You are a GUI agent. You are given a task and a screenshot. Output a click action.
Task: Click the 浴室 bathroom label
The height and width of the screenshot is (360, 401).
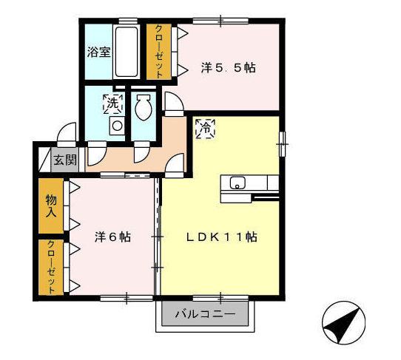coord(99,52)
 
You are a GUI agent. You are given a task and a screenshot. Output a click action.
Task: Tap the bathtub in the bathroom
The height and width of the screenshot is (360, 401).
coord(127,52)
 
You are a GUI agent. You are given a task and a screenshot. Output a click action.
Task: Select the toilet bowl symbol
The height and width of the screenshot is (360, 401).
coord(144,107)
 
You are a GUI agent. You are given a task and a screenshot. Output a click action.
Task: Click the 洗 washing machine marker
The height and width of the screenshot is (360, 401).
coord(112,104)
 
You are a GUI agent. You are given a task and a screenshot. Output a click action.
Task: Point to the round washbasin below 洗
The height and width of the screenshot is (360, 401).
coord(117,126)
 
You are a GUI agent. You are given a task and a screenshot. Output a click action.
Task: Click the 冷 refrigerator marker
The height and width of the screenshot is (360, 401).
coord(206,129)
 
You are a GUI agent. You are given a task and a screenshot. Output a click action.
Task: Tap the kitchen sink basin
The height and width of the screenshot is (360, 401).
coord(237,183)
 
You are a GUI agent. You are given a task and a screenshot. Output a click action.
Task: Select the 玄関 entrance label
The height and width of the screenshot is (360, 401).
coord(65,160)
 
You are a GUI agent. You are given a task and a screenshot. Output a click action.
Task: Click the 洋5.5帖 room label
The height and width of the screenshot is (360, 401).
coord(228,68)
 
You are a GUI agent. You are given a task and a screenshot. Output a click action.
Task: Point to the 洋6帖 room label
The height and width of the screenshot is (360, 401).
coord(112,237)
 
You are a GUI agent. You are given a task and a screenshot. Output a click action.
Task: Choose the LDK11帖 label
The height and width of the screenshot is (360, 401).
coord(221,237)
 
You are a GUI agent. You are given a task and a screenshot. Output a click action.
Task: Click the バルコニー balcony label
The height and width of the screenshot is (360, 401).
coord(205,313)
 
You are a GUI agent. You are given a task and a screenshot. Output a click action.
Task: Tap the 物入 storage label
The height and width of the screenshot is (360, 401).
coord(51,206)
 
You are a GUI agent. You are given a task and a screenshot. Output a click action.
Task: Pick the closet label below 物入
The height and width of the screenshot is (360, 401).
coord(51,267)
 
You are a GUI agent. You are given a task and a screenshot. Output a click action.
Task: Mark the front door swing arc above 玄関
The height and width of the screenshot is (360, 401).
coord(67,132)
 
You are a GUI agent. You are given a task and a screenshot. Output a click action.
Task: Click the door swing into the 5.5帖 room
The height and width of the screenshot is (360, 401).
coord(175,101)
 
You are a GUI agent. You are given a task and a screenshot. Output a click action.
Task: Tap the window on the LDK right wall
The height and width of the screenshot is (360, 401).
coord(282,144)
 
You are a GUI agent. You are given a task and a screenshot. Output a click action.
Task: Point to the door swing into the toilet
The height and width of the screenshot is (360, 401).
coord(141,154)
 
